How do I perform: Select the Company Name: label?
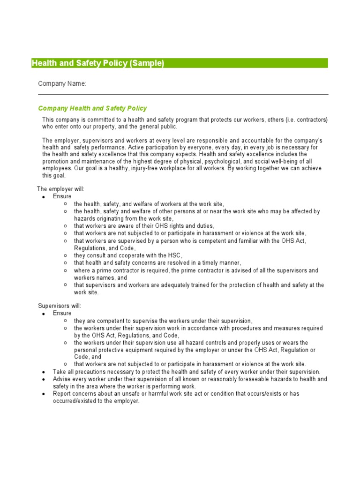[x=62, y=83]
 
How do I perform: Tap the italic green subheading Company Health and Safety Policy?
[x=92, y=108]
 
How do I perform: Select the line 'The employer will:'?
[x=61, y=189]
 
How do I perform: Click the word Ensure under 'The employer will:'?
[x=62, y=196]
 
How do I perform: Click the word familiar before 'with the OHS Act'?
[x=243, y=240]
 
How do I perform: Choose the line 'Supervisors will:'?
[x=60, y=306]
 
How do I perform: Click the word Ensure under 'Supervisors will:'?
[x=62, y=313]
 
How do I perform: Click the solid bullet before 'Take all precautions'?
[x=43, y=372]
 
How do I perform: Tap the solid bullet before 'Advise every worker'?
[x=43, y=379]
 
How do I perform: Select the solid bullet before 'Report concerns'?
[x=43, y=394]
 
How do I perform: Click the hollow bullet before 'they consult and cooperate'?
[x=65, y=255]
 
